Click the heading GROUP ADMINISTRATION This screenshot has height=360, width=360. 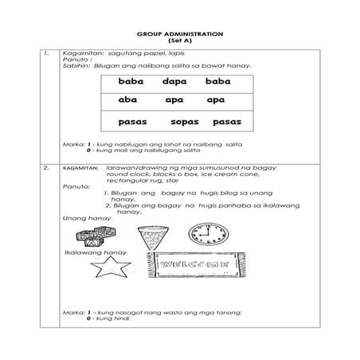179,33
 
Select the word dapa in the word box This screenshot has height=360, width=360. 174,83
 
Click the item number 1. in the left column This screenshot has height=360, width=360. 49,53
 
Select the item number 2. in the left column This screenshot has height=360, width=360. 49,169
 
